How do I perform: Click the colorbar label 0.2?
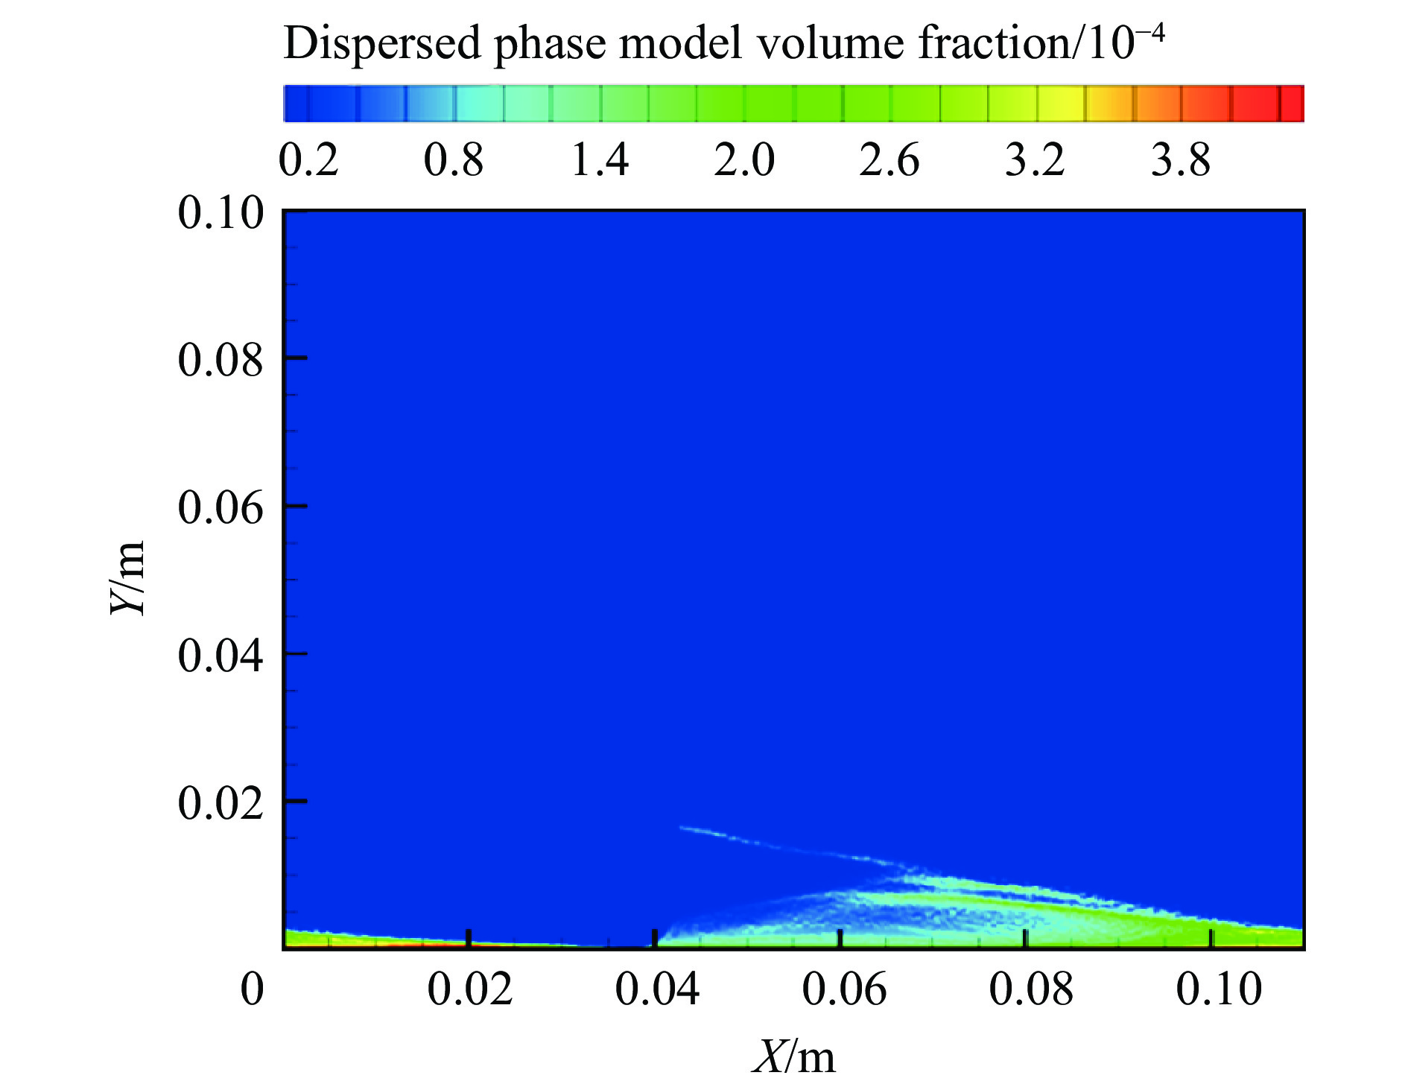[308, 160]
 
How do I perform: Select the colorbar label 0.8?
[454, 160]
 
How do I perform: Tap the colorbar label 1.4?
[600, 160]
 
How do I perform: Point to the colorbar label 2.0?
[744, 160]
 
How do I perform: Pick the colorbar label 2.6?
[889, 160]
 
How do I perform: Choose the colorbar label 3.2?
[1035, 160]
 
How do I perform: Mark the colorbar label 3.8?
[1181, 160]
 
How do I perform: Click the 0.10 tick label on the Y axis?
[221, 214]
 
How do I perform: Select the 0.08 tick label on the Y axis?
[221, 361]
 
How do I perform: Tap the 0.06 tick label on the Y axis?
[221, 508]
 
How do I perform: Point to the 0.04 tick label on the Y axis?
[221, 656]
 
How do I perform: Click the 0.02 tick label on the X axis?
[469, 990]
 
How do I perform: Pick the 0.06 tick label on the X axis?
[844, 990]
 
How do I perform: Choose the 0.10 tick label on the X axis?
[1219, 990]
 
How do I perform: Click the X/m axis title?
[794, 1056]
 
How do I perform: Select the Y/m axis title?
[128, 578]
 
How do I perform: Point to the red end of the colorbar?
[1293, 104]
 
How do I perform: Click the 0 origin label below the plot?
[253, 990]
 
